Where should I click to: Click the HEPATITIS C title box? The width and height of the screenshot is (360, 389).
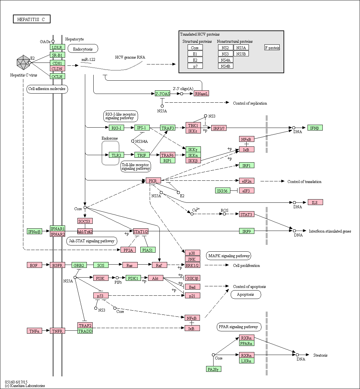[x=32, y=19]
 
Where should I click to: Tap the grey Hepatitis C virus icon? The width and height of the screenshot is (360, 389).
[x=24, y=62]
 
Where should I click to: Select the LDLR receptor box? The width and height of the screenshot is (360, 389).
[x=57, y=47]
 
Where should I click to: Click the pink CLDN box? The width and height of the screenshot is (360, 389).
[x=57, y=69]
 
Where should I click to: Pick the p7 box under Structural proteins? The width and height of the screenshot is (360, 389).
[x=195, y=66]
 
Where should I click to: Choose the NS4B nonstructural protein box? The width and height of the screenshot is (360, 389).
[x=226, y=66]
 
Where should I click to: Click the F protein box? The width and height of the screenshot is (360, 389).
[x=272, y=48]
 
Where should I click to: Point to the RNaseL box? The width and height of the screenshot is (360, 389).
[x=202, y=94]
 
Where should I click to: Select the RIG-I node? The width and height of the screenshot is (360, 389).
[x=116, y=128]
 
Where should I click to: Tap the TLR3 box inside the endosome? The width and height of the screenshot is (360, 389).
[x=116, y=155]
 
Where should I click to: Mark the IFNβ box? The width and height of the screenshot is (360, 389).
[x=315, y=128]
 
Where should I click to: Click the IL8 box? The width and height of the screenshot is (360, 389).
[x=315, y=202]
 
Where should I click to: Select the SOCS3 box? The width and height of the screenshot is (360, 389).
[x=85, y=221]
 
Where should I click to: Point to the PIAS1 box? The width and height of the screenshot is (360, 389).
[x=148, y=250]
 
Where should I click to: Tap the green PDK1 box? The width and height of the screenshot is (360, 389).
[x=133, y=278]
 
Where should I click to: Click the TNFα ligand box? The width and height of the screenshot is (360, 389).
[x=34, y=331]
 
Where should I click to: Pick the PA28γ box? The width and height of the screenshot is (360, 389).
[x=214, y=369]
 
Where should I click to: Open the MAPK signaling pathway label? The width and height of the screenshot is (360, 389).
[x=229, y=256]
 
